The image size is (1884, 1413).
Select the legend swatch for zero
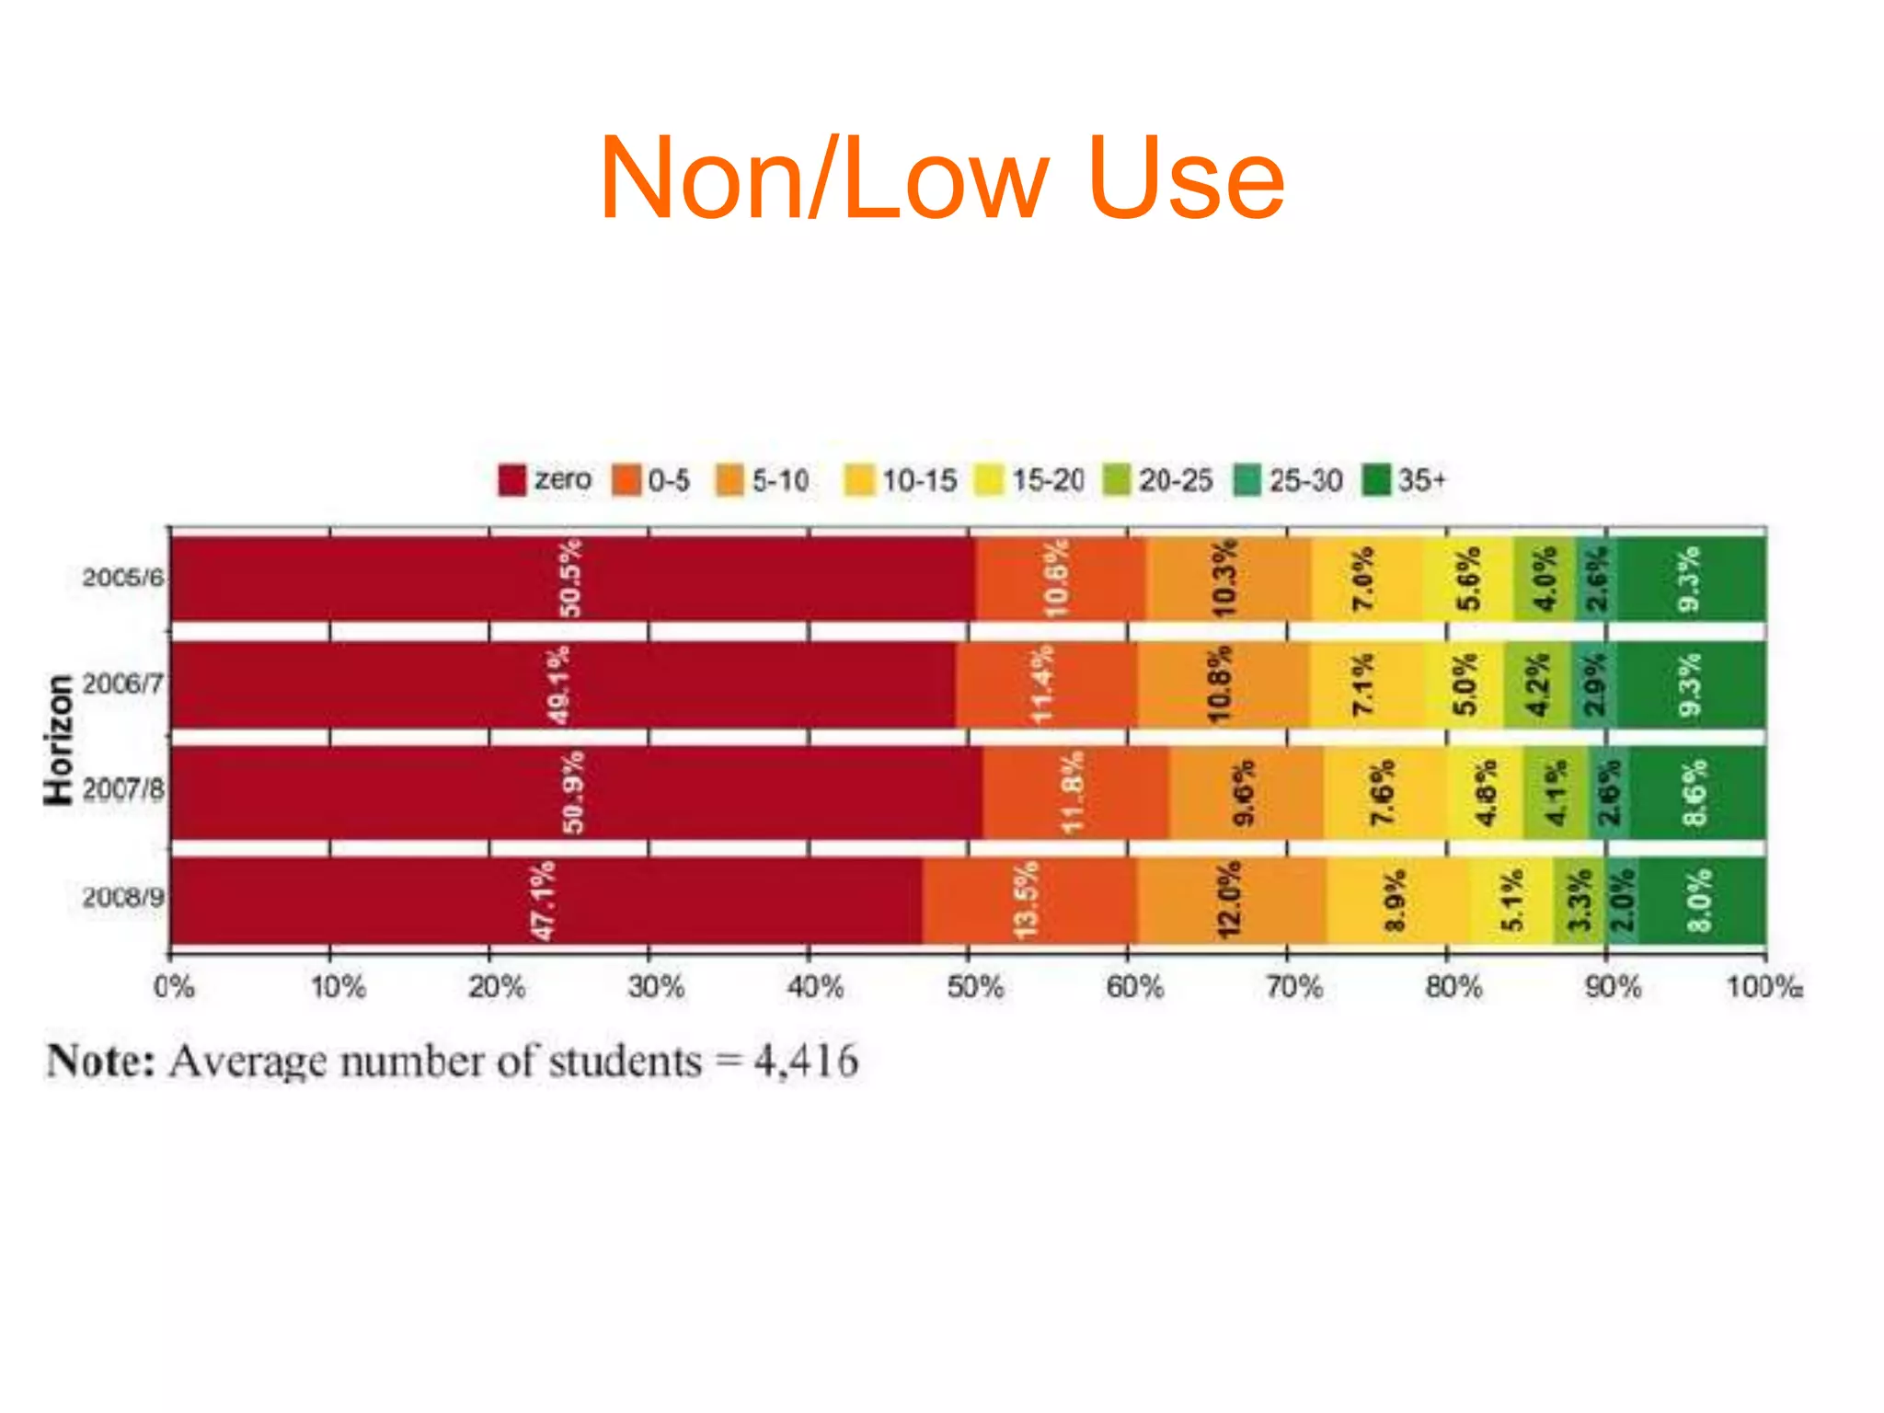tap(511, 480)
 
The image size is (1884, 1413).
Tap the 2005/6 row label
tap(123, 578)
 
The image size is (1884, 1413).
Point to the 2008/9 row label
tap(123, 897)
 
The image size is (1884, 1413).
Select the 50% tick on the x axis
tap(974, 988)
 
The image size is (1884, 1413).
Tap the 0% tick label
tap(174, 988)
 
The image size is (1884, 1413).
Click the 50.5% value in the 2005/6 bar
tap(570, 578)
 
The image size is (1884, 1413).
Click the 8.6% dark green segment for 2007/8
tap(1695, 792)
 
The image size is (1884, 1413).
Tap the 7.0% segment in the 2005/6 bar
tap(1363, 578)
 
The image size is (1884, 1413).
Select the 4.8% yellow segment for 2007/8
tap(1485, 792)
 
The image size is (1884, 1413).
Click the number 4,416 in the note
tap(806, 1062)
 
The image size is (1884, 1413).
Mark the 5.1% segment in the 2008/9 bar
tap(1511, 901)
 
